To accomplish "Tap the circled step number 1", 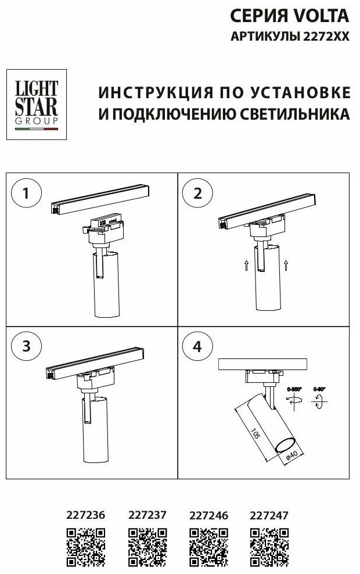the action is click(x=26, y=193).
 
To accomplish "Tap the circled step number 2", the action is click(x=198, y=193).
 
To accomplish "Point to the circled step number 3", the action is click(x=26, y=347).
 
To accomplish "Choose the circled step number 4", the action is click(x=198, y=347).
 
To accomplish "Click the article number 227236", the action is click(x=87, y=515).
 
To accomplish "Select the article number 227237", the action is click(x=147, y=515).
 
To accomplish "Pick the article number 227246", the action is click(x=209, y=515).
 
